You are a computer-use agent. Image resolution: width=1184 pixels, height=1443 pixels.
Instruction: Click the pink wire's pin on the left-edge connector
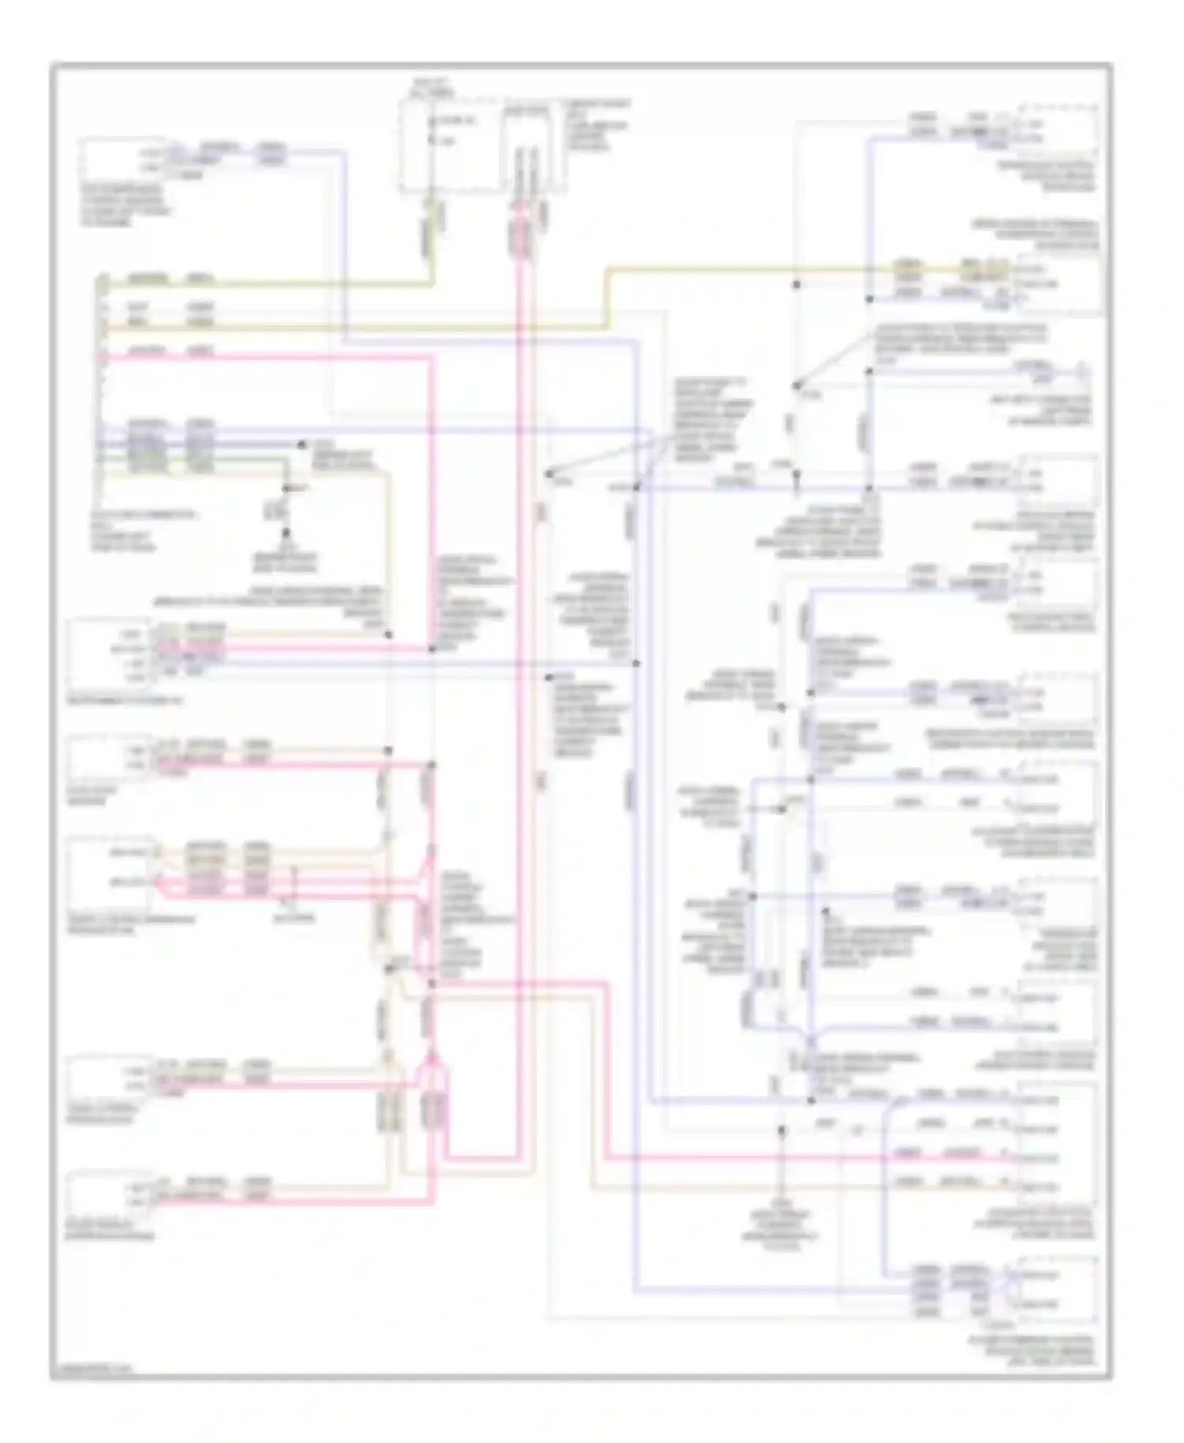tap(103, 357)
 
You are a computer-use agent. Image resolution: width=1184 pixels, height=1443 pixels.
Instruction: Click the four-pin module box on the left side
tap(107, 655)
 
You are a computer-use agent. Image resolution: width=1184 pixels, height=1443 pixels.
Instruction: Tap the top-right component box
tap(1058, 130)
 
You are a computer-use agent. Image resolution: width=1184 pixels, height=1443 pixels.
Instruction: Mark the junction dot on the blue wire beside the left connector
tap(301, 444)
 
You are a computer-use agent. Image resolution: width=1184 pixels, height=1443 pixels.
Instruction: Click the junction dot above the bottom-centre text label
tap(781, 1130)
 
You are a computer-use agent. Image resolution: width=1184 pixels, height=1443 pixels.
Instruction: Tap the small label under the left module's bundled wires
tap(294, 918)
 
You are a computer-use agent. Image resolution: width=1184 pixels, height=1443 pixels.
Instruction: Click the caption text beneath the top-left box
tap(126, 205)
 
